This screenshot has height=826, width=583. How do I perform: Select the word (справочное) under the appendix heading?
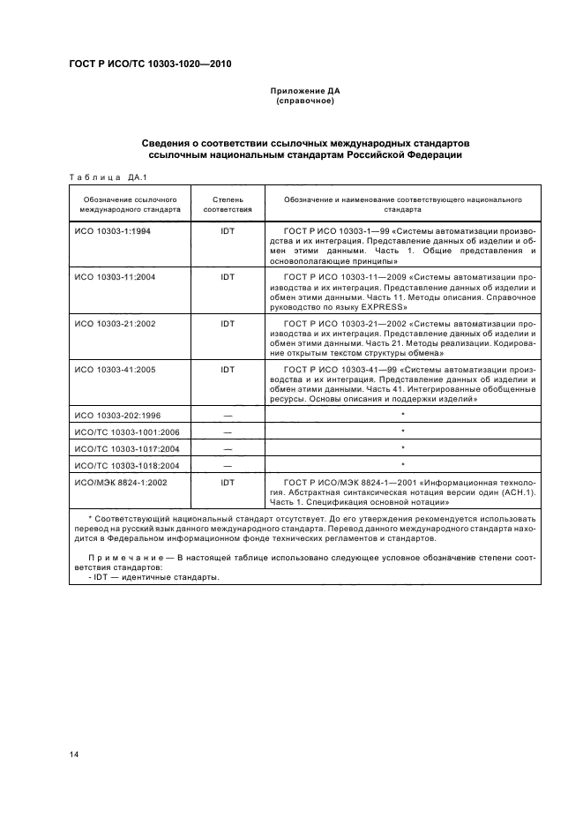[x=304, y=101]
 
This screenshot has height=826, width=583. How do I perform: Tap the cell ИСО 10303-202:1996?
[x=118, y=415]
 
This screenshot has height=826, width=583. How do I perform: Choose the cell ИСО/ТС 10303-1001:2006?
[x=126, y=432]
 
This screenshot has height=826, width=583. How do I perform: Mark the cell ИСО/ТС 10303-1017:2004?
[x=126, y=448]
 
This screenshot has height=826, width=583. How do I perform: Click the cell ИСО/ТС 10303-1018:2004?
[x=126, y=464]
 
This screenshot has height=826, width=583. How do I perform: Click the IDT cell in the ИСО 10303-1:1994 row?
[x=228, y=230]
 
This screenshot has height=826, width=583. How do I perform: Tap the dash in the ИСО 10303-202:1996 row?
[x=228, y=415]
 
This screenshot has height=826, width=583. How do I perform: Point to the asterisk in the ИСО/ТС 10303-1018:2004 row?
[x=403, y=465]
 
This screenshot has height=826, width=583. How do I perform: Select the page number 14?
[x=75, y=753]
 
